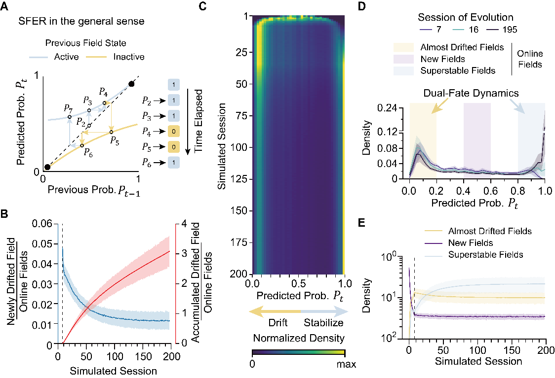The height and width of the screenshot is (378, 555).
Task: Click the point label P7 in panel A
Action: (68, 107)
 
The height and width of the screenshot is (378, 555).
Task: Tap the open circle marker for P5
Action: (111, 132)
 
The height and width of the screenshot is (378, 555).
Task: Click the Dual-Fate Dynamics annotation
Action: (477, 93)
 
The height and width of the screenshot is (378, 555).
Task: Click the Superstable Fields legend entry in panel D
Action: (457, 70)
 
